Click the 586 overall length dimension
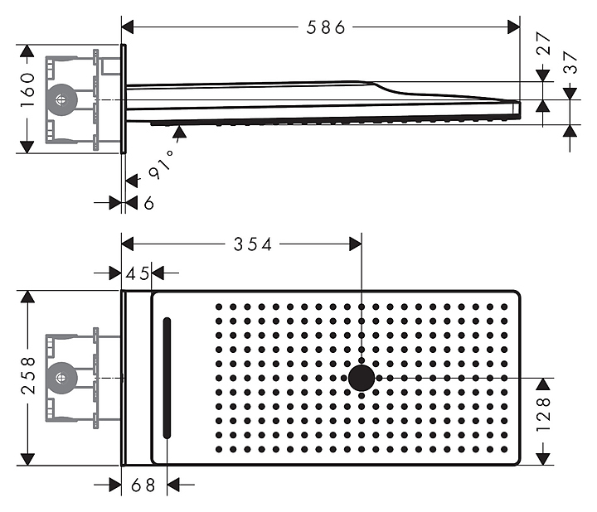pyautogui.click(x=326, y=27)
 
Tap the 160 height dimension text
pyautogui.click(x=27, y=89)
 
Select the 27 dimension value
pyautogui.click(x=544, y=43)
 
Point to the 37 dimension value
pyautogui.click(x=570, y=62)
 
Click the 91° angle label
pyautogui.click(x=162, y=164)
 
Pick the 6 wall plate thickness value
pyautogui.click(x=149, y=203)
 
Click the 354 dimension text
pyautogui.click(x=253, y=244)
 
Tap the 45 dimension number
pyautogui.click(x=137, y=273)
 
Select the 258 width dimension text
pyautogui.click(x=28, y=375)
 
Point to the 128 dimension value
pyautogui.click(x=543, y=414)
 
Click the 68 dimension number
pyautogui.click(x=143, y=485)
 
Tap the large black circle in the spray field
pyautogui.click(x=362, y=378)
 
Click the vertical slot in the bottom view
pyautogui.click(x=167, y=379)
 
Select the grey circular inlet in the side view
pyautogui.click(x=61, y=100)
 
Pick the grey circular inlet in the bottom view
pyautogui.click(x=61, y=378)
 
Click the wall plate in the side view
pyautogui.click(x=124, y=99)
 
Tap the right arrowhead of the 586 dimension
pyautogui.click(x=513, y=27)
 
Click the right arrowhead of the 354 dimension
pyautogui.click(x=356, y=244)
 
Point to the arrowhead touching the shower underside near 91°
pyautogui.click(x=179, y=132)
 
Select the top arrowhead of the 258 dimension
pyautogui.click(x=27, y=297)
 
